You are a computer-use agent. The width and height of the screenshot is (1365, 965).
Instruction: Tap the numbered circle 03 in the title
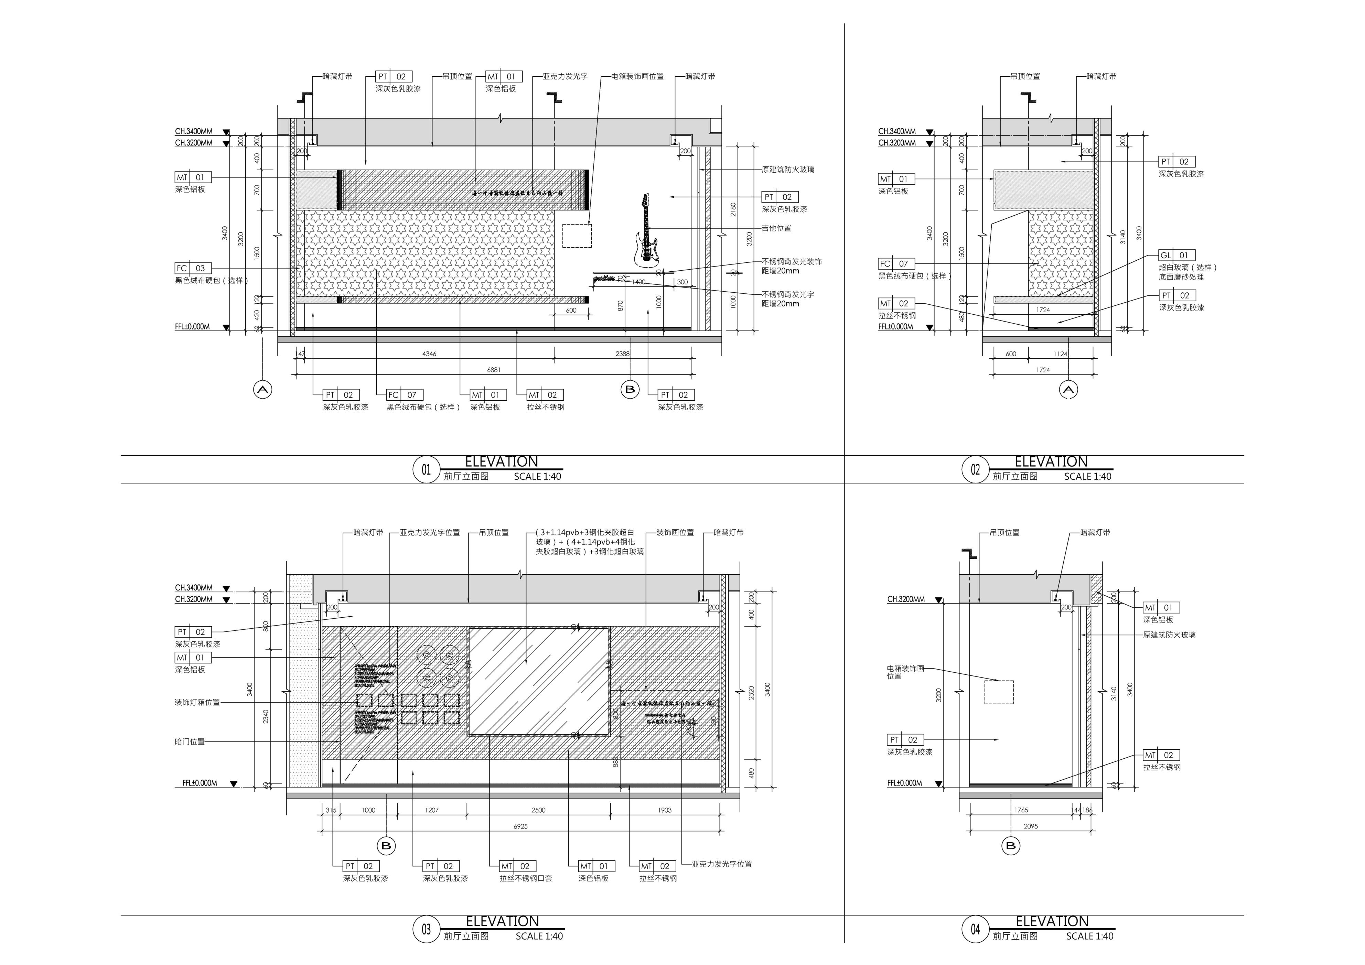tap(426, 929)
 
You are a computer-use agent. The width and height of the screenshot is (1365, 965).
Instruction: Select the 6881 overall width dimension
tap(493, 370)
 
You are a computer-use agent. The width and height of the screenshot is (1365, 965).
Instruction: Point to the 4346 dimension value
tap(429, 354)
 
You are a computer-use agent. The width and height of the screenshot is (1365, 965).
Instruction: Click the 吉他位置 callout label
tap(776, 228)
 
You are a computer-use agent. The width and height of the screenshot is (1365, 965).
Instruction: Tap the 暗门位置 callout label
tap(190, 741)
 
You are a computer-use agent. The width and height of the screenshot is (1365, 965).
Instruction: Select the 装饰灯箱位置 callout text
tap(197, 702)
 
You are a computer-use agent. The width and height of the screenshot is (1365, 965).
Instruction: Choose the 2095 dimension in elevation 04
tap(1031, 826)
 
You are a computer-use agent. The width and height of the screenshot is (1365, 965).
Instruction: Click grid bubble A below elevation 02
tap(1068, 390)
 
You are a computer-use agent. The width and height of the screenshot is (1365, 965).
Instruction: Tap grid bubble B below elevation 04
tap(1011, 846)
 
